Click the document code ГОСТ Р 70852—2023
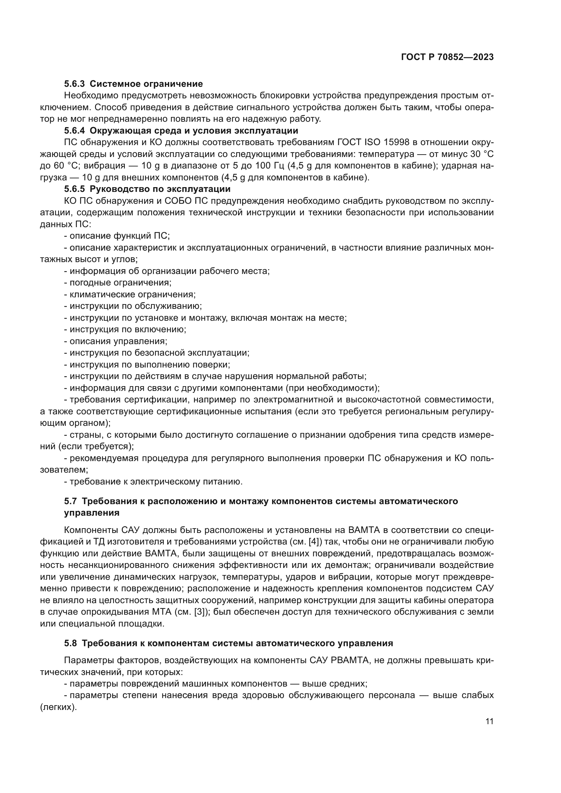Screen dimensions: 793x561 pos(447,57)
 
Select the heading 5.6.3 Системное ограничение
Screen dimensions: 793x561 pos(133,84)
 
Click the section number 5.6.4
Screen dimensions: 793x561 pos(74,131)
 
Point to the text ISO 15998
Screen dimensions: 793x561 pos(388,142)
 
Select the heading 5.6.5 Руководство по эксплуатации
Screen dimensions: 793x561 pos(147,189)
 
